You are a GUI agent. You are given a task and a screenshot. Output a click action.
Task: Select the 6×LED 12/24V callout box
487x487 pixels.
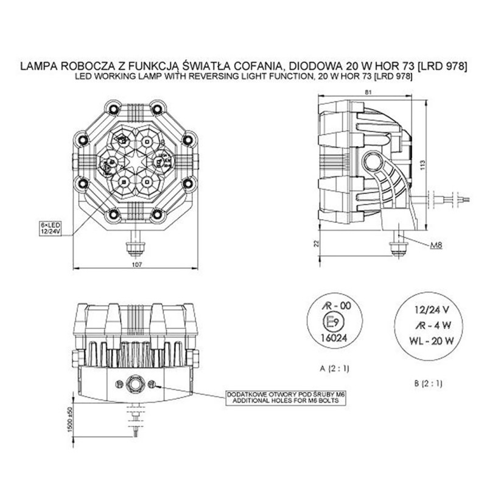(x=51, y=228)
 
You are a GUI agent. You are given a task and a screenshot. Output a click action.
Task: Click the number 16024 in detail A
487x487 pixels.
(x=329, y=336)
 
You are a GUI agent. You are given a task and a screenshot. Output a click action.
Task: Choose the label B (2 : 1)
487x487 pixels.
(x=427, y=384)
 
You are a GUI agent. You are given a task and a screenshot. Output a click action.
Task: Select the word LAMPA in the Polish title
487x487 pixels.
(x=40, y=66)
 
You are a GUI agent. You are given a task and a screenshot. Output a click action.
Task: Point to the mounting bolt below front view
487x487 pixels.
(x=136, y=245)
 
